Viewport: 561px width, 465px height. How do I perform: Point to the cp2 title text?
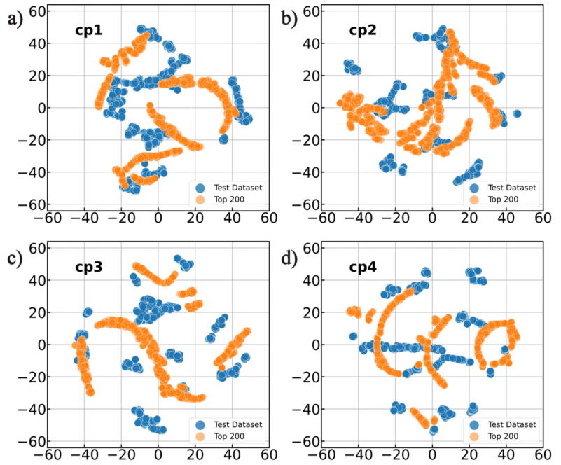pyautogui.click(x=363, y=31)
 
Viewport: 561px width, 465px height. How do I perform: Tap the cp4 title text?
pyautogui.click(x=363, y=268)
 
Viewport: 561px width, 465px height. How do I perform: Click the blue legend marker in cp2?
pyautogui.click(x=475, y=188)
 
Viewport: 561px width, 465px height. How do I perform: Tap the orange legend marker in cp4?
pyautogui.click(x=475, y=436)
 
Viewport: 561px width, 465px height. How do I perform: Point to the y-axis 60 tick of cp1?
pyautogui.click(x=36, y=11)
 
